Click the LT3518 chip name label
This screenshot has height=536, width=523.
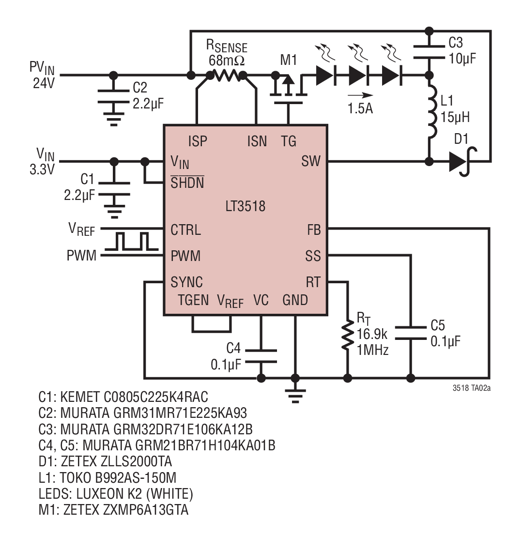tap(245, 206)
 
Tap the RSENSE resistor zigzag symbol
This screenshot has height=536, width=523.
tap(226, 75)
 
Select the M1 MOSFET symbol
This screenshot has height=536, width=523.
tap(288, 90)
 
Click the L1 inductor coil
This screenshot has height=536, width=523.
tap(432, 111)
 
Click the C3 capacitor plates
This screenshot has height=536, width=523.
tap(430, 52)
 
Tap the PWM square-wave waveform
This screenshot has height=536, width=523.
tap(131, 241)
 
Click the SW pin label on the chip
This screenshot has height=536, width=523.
tap(311, 161)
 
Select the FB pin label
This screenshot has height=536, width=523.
tap(314, 230)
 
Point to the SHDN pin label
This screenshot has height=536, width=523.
tap(187, 183)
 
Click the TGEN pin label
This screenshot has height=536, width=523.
tap(194, 300)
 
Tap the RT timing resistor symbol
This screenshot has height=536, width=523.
tap(348, 335)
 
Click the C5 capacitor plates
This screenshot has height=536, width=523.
tap(411, 333)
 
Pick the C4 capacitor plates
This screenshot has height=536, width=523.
tap(261, 356)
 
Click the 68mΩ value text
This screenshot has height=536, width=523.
tap(227, 61)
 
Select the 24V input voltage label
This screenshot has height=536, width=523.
tap(44, 83)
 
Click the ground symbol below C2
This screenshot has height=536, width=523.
tap(114, 119)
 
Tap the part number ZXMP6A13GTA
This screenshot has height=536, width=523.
tap(126, 510)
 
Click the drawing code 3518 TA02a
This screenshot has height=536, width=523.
tap(471, 388)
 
